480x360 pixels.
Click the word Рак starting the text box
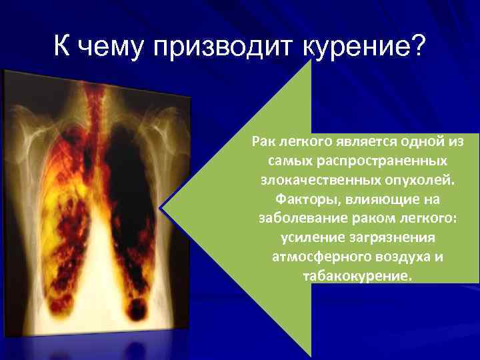[x=264, y=142]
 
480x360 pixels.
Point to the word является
[x=362, y=142]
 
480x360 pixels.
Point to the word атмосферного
[x=313, y=257]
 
